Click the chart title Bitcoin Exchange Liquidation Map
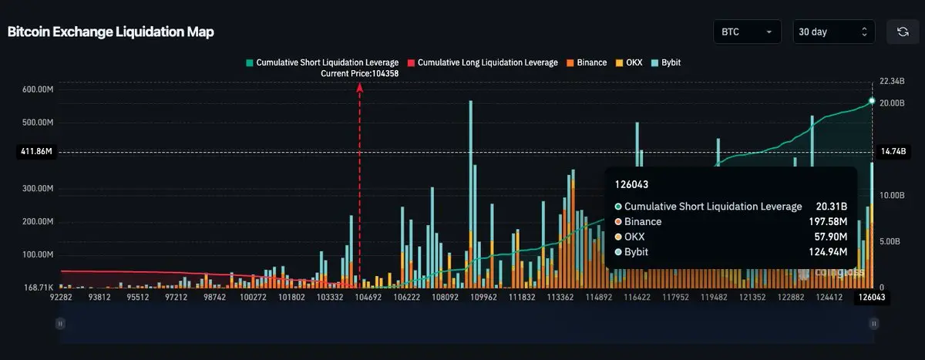[111, 32]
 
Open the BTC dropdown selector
[747, 32]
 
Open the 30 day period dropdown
[835, 32]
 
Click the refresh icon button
[903, 32]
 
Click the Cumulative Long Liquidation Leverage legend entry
[483, 62]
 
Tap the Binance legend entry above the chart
[587, 62]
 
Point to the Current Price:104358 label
[359, 73]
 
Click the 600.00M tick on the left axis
[38, 89]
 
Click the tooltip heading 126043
[631, 185]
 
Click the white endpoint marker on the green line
[872, 101]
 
